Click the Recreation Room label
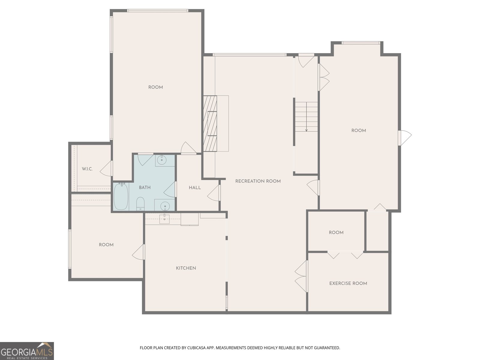(258, 181)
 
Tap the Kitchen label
(186, 268)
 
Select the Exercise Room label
(348, 283)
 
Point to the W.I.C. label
(87, 169)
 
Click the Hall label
(195, 188)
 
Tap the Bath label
(145, 187)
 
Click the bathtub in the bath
(121, 196)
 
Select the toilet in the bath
(140, 204)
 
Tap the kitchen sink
(164, 219)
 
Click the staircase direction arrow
(306, 117)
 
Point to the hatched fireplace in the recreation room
(210, 124)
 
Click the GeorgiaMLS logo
(27, 351)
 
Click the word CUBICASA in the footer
(196, 348)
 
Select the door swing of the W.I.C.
(106, 169)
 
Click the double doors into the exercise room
(301, 276)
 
